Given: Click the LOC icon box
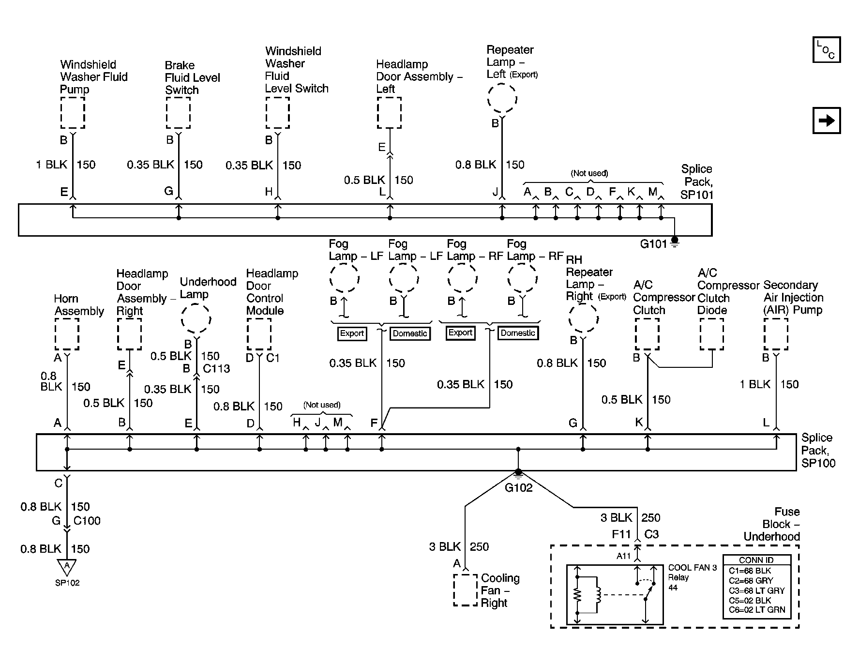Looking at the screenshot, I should click(x=826, y=50).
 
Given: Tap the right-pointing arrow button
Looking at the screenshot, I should click(x=826, y=120).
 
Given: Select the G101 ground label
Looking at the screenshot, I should click(x=653, y=244).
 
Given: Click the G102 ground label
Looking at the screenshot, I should click(x=518, y=488).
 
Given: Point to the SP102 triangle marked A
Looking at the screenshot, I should click(x=67, y=566).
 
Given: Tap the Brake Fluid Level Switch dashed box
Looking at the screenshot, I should click(x=178, y=113).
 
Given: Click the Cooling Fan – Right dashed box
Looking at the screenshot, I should click(x=466, y=590).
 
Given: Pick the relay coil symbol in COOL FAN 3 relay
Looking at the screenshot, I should click(x=598, y=595).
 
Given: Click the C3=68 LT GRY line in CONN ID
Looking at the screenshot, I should click(x=756, y=590).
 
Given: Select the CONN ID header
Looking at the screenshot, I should click(x=756, y=560).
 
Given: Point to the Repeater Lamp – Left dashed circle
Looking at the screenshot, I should click(x=502, y=99).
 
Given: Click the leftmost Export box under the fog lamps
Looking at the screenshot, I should click(x=352, y=333).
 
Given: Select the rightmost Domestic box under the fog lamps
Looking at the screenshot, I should click(x=518, y=333).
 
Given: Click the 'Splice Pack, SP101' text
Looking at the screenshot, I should click(x=697, y=181).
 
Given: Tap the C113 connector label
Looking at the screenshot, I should click(x=216, y=369).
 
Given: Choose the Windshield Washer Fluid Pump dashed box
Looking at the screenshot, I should click(x=73, y=113).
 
